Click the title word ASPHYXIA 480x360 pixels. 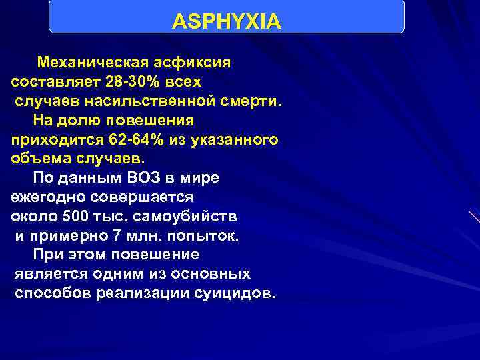pyautogui.click(x=227, y=22)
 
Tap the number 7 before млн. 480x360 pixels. pyautogui.click(x=100, y=236)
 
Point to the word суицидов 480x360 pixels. pyautogui.click(x=230, y=294)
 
